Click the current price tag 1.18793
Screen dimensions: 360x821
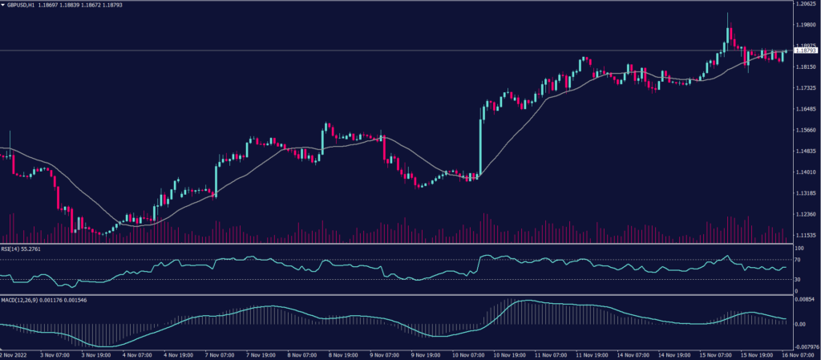(x=806, y=51)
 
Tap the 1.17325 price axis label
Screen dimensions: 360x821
(x=805, y=109)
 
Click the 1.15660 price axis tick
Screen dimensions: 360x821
(x=805, y=130)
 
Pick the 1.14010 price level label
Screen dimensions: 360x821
(x=805, y=172)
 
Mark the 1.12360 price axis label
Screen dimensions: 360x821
(x=805, y=214)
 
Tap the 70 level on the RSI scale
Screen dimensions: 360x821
(x=798, y=260)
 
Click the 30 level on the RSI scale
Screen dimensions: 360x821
(x=798, y=279)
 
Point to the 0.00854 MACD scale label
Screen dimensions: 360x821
(x=804, y=299)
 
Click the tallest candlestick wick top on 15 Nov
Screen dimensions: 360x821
(x=728, y=13)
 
